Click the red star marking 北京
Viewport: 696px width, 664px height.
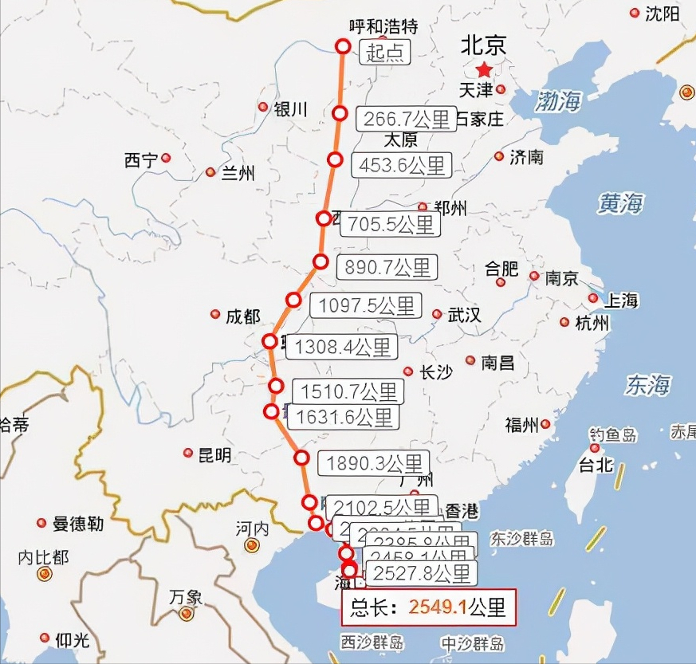[484, 69]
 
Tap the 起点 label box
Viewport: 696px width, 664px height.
[385, 53]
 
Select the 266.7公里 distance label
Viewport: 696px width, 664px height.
[406, 119]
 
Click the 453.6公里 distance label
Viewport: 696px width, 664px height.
[403, 165]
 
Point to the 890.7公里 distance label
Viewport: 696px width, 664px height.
[387, 267]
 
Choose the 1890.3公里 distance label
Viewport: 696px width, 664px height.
[373, 463]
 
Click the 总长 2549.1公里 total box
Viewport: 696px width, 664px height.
[429, 607]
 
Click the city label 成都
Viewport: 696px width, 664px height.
[242, 316]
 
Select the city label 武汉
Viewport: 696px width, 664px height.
[465, 315]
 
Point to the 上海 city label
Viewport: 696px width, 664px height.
[621, 301]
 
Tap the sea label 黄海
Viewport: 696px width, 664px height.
[620, 204]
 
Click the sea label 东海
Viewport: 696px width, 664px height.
[647, 386]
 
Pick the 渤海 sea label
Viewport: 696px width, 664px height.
[558, 101]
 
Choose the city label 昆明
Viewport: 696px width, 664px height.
[214, 455]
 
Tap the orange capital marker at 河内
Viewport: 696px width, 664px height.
[252, 545]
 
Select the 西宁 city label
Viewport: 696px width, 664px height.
[141, 160]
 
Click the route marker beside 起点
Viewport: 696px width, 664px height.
[344, 46]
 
